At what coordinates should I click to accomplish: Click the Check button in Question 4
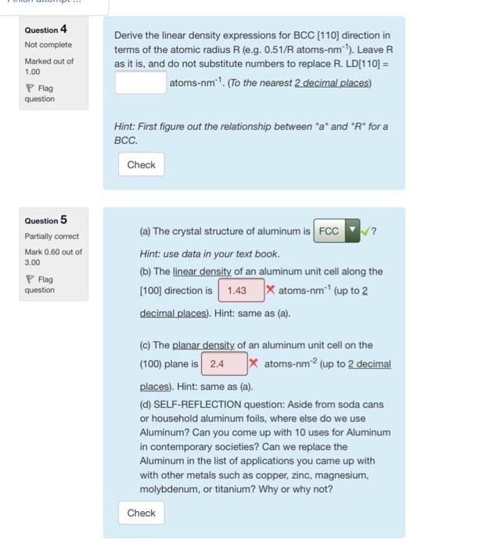coord(141,165)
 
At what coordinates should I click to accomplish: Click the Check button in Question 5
coord(141,514)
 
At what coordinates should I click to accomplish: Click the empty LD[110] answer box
coord(141,83)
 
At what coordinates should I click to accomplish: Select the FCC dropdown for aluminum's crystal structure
coord(336,232)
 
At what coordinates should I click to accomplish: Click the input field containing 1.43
coord(238,290)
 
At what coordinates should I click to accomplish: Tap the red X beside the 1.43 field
coord(270,290)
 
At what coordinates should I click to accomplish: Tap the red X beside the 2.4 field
coord(254,363)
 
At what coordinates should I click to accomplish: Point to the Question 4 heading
coord(45,30)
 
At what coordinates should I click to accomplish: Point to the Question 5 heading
coord(45,220)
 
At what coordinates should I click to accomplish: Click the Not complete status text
coord(48,45)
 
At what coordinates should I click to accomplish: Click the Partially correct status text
coord(51,236)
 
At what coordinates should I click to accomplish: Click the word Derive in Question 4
coord(130,36)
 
